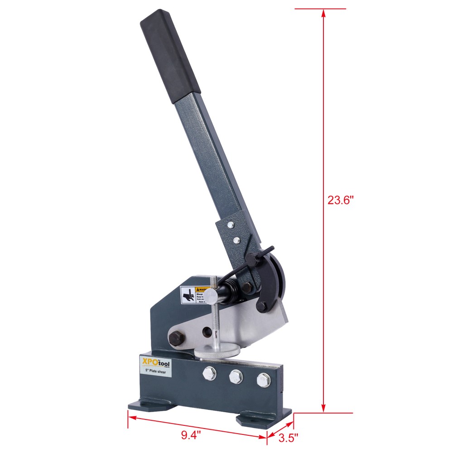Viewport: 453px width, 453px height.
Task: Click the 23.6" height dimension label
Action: [x=340, y=200]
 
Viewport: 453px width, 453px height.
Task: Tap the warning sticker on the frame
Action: [x=194, y=295]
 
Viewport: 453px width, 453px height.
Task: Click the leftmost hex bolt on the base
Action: [x=209, y=374]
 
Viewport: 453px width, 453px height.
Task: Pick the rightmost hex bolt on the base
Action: [x=263, y=379]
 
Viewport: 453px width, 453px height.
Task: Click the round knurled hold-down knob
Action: [x=217, y=351]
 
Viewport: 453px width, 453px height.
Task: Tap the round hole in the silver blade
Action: [x=206, y=332]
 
